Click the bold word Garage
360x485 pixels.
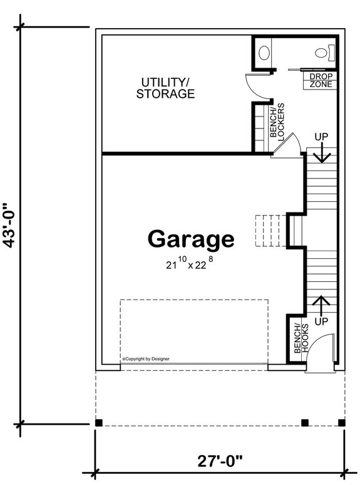pyautogui.click(x=191, y=239)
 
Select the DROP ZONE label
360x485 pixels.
pyautogui.click(x=321, y=80)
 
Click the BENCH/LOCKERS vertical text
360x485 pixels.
pyautogui.click(x=277, y=120)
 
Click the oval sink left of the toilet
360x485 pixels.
pyautogui.click(x=264, y=52)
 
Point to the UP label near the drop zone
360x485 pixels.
pyautogui.click(x=321, y=136)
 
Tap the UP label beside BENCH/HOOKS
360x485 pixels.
pyautogui.click(x=321, y=321)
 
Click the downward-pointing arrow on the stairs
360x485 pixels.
pyautogui.click(x=321, y=154)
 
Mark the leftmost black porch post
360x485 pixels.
pyautogui.click(x=99, y=422)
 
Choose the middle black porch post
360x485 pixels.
pyautogui.click(x=305, y=422)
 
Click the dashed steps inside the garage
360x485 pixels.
pyautogui.click(x=265, y=230)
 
